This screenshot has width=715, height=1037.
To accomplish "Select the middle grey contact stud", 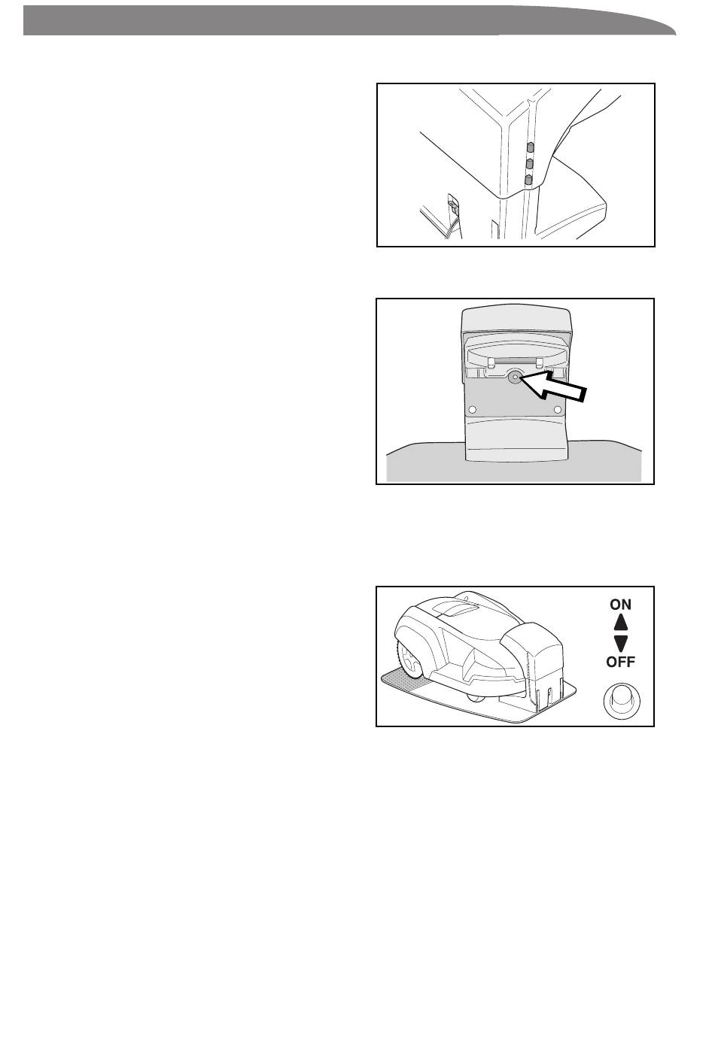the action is [x=529, y=163].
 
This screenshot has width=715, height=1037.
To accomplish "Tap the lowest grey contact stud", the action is [x=528, y=180].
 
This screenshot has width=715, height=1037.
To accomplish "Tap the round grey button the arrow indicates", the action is [x=515, y=378].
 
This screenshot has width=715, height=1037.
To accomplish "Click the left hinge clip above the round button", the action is [x=491, y=362].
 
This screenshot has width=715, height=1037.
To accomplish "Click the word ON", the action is [x=620, y=604].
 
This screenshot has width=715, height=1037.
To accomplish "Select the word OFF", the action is [x=620, y=662].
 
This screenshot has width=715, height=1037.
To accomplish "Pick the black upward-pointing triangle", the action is [x=620, y=623].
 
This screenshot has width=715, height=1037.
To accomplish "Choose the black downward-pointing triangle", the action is [x=620, y=642].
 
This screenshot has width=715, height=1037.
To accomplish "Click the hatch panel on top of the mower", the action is [x=458, y=608].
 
